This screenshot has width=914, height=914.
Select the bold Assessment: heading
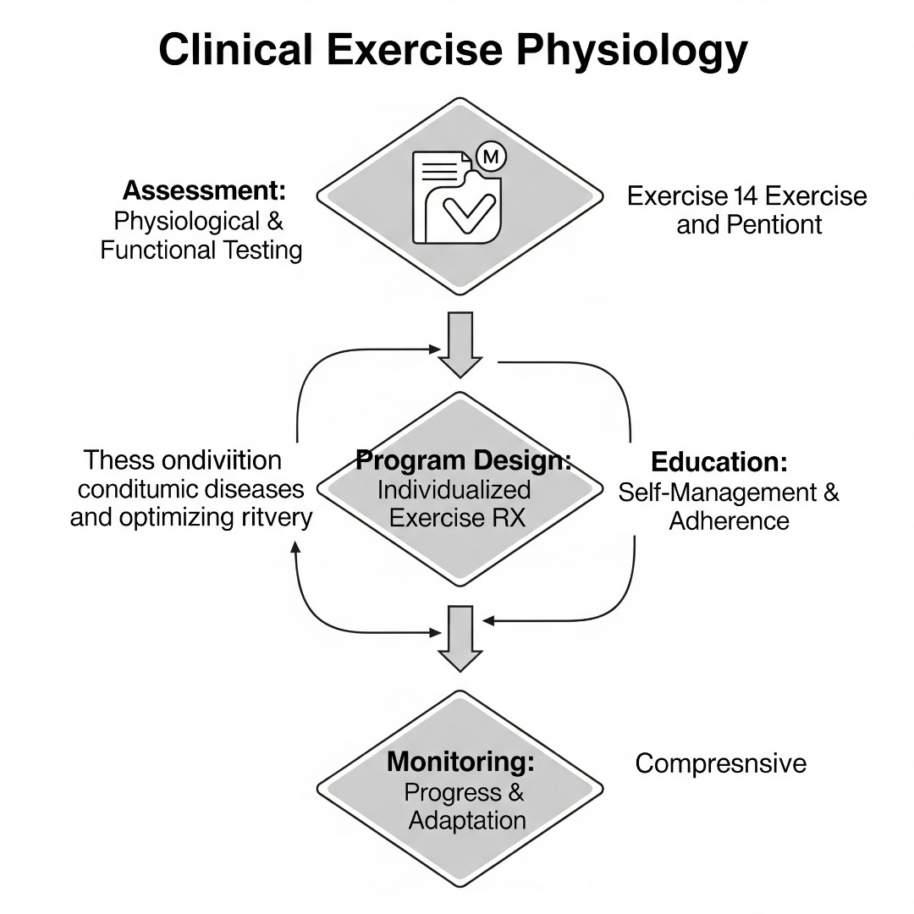(x=204, y=190)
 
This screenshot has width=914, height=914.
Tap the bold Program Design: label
(x=463, y=461)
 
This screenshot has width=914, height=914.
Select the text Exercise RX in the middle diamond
(x=457, y=516)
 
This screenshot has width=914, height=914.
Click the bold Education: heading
(x=719, y=462)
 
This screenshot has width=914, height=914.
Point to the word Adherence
(x=729, y=520)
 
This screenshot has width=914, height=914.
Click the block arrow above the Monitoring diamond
(x=460, y=636)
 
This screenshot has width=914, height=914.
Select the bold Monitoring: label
(x=460, y=762)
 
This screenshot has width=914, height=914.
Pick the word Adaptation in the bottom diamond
(x=467, y=820)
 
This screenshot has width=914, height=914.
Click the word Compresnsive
(x=720, y=763)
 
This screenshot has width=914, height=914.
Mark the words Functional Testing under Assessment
(x=201, y=250)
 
